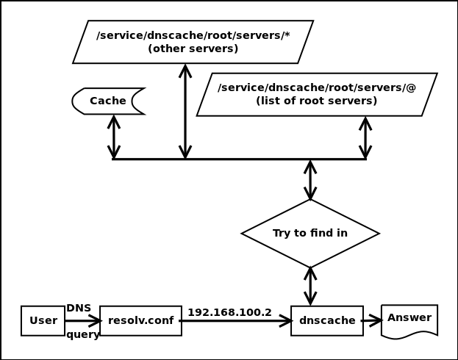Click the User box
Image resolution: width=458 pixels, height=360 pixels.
43,321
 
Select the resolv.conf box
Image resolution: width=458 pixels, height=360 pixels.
140,321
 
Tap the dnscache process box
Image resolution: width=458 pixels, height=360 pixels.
326,321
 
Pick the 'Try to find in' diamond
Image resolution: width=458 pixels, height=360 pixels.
310,234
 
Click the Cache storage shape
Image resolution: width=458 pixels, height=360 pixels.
108,101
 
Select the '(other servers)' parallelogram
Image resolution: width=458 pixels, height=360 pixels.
193,42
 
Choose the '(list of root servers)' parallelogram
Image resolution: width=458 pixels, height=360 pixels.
317,95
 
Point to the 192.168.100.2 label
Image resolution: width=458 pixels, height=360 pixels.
229,312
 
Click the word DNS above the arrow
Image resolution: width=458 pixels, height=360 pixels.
79,309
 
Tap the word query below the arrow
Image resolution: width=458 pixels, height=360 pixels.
82,335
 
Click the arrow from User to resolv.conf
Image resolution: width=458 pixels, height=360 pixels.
82,321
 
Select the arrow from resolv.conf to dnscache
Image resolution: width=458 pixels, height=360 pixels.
235,321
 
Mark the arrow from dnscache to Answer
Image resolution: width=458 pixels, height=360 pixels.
372,320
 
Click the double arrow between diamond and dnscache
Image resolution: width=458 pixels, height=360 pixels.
310,286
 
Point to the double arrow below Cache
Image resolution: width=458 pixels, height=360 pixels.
113,137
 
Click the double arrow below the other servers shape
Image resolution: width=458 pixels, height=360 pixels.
185,112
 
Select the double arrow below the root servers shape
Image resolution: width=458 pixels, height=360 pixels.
365,137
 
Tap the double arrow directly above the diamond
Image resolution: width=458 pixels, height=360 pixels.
310,180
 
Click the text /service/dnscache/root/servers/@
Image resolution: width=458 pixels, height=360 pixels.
317,87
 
